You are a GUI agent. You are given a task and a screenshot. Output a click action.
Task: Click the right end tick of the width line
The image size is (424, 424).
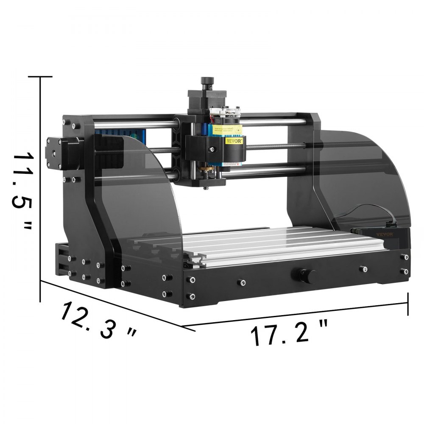tap(408, 304)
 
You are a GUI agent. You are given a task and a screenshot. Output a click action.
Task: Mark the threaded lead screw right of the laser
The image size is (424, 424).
tap(276, 147)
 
